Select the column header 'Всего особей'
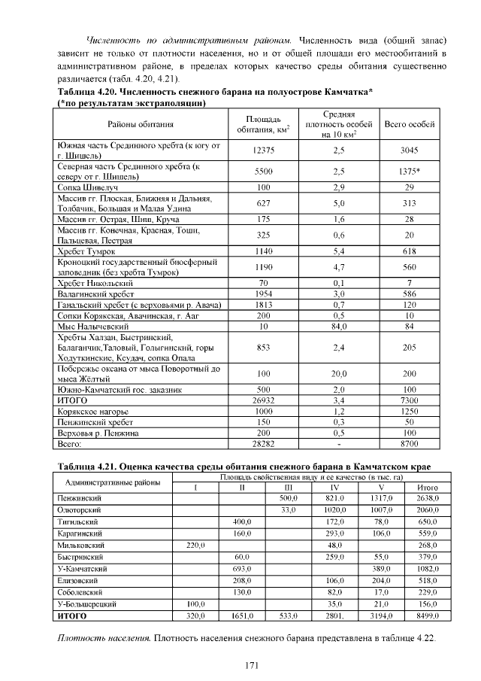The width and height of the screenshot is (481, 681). [409, 123]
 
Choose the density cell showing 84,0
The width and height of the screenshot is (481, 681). [338, 327]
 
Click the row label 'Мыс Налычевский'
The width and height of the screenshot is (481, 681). [91, 327]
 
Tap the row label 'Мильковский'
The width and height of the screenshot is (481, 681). [80, 545]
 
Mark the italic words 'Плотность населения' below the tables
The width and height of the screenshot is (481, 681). [104, 638]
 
